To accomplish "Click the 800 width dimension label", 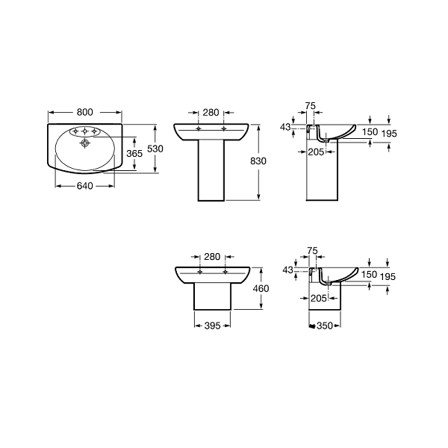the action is (85, 112).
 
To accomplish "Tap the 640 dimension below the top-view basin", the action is (85, 186).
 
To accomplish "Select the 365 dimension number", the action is (134, 153).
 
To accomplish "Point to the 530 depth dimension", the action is (155, 149).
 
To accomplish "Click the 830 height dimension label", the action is (258, 161).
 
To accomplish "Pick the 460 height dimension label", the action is (261, 288).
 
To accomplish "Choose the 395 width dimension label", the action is (212, 326).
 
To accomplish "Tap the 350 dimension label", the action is (325, 326).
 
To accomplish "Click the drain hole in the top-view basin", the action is (85, 143).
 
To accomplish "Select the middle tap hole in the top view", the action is (84, 131).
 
